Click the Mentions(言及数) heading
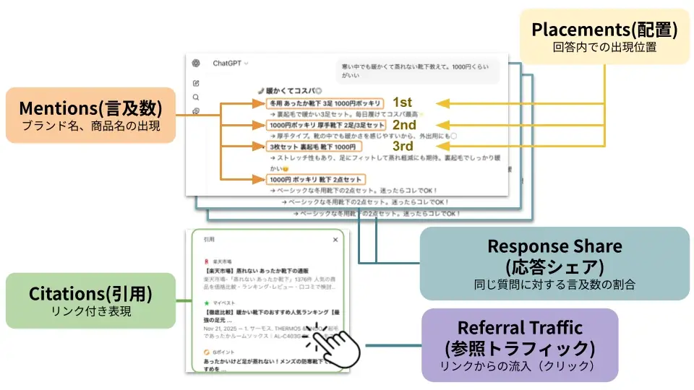click(90, 108)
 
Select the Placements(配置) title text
click(604, 30)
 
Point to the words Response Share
click(554, 246)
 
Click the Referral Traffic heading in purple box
click(520, 328)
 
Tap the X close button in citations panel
click(335, 240)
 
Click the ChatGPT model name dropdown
click(230, 64)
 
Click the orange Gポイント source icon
click(207, 352)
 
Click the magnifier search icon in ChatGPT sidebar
click(196, 97)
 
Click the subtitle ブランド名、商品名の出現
click(90, 126)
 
